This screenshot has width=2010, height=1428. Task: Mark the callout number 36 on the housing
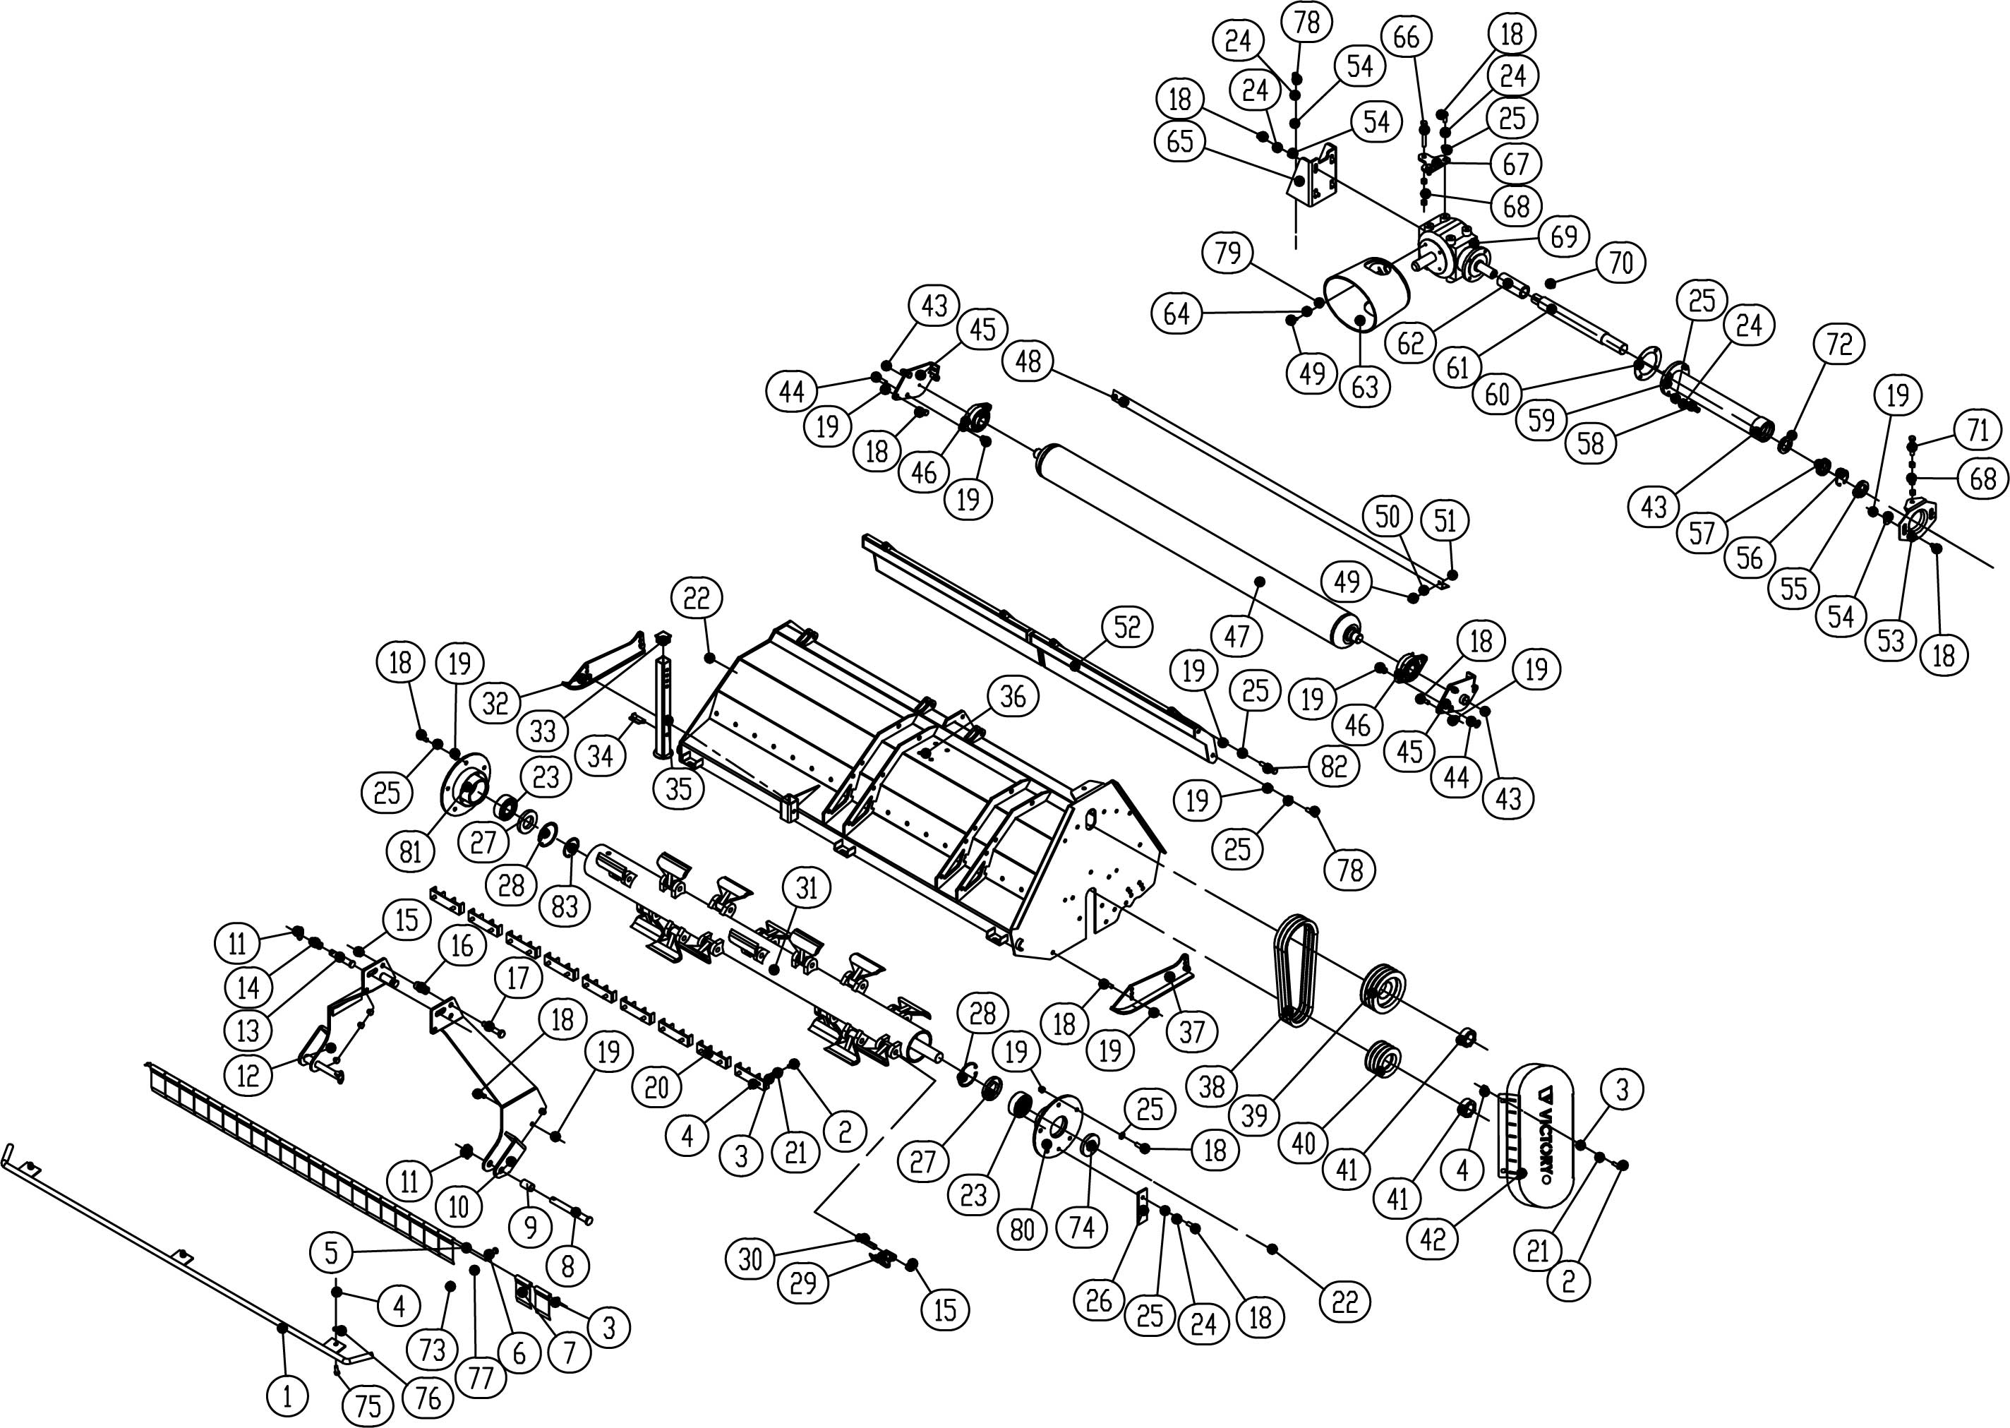pyautogui.click(x=1013, y=697)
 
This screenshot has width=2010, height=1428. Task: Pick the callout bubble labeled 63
pyautogui.click(x=1365, y=386)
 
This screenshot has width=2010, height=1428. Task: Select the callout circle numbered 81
pyautogui.click(x=411, y=851)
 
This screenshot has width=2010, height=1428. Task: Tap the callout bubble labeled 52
pyautogui.click(x=1126, y=627)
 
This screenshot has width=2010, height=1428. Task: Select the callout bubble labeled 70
pyautogui.click(x=1620, y=262)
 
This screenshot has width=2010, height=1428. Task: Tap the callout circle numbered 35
pyautogui.click(x=678, y=788)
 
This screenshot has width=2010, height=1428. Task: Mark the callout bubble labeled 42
pyautogui.click(x=1432, y=1238)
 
